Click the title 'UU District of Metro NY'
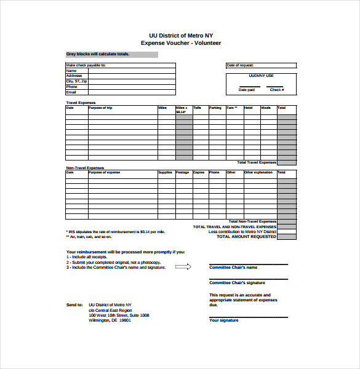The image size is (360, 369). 180,35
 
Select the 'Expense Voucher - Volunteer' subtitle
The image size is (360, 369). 180,43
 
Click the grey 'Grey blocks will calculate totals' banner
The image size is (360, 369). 111,54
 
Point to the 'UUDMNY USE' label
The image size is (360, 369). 261,76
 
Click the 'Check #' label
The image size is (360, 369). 277,90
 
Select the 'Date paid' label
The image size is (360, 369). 247,90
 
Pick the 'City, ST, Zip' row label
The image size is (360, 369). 77,81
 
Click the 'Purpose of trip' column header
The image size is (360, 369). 100,108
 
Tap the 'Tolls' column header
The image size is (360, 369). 197,108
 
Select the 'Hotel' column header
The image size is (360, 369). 248,108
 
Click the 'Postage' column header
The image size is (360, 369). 182,172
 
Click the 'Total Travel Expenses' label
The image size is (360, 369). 257,162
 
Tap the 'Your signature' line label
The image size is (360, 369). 224,320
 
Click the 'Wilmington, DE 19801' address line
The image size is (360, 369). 110,320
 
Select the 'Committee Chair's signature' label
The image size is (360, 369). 237,283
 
